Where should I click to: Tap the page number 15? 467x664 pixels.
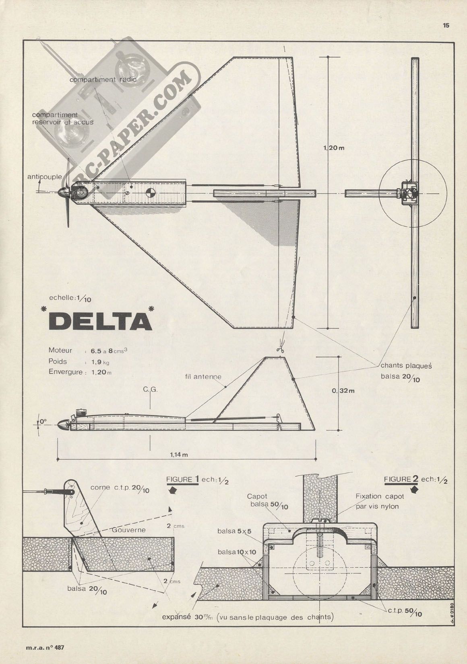(x=446, y=25)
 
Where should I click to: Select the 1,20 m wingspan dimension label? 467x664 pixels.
(x=334, y=148)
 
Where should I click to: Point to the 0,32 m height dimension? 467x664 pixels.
(x=343, y=389)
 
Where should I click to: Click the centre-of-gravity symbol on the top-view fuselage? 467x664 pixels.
(x=151, y=192)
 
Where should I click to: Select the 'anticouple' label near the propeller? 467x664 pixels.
(x=44, y=176)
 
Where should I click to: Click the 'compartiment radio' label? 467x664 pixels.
(x=103, y=80)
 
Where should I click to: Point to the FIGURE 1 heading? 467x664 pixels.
(x=182, y=480)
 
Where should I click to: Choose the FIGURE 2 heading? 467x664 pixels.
(x=402, y=480)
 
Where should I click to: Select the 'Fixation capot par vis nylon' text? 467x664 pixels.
(x=380, y=501)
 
